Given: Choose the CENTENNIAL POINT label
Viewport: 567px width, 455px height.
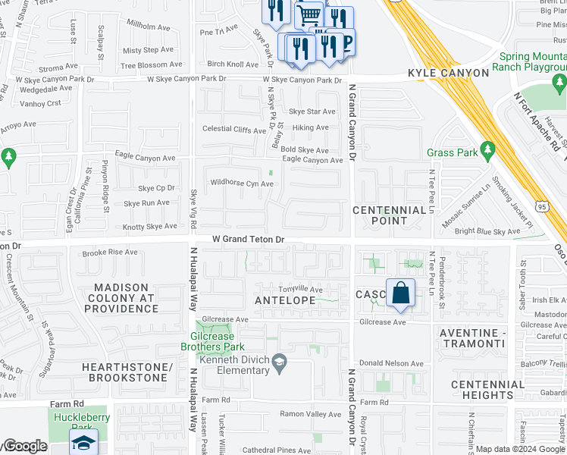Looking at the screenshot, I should [390, 215].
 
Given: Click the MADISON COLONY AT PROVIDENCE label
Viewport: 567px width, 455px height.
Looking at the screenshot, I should [126, 298].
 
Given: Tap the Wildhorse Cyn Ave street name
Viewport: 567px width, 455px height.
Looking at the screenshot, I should [241, 184].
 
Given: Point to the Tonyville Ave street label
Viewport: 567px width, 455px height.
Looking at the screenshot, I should [301, 290].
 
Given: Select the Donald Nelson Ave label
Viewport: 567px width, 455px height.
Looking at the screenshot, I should [391, 363].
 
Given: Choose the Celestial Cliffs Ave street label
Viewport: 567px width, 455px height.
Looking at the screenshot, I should [233, 129].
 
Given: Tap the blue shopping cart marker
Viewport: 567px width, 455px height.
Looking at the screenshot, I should [309, 14].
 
